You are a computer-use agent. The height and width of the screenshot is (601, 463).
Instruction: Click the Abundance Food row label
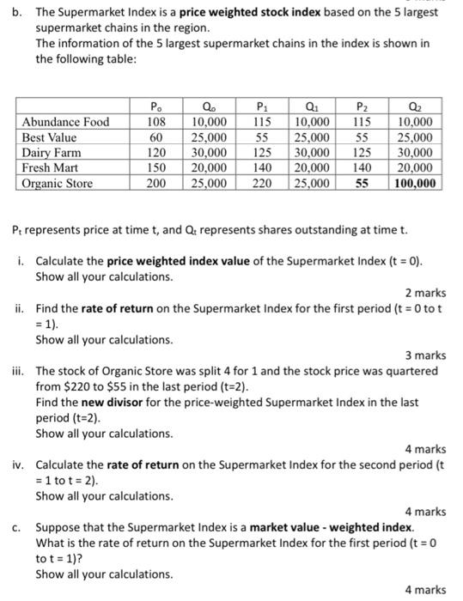coord(65,122)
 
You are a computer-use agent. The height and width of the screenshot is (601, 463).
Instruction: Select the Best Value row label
coord(49,137)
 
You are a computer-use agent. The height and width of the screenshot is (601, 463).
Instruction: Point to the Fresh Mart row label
coord(50,168)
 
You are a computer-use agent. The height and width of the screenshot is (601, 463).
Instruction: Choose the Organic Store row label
coord(57,184)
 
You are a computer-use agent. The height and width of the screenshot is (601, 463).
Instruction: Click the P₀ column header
coord(155,106)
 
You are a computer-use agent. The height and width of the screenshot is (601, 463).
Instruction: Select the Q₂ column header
coord(415,106)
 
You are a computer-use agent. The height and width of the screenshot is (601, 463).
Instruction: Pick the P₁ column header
coord(263,106)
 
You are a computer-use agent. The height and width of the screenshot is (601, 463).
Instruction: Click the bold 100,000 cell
coord(415,184)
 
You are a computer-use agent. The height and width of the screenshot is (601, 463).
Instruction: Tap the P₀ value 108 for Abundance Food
coord(155,122)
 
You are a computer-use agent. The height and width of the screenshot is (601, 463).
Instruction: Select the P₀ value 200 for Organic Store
coord(155,184)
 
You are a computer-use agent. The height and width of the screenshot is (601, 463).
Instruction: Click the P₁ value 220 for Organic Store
coord(263,184)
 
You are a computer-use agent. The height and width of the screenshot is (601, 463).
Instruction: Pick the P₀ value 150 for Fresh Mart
coord(155,168)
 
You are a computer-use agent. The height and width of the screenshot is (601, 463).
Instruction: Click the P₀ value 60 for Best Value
coord(155,137)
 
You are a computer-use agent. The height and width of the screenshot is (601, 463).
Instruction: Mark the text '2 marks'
coord(425,293)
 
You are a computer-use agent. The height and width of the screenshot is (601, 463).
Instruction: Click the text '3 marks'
coord(425,355)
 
